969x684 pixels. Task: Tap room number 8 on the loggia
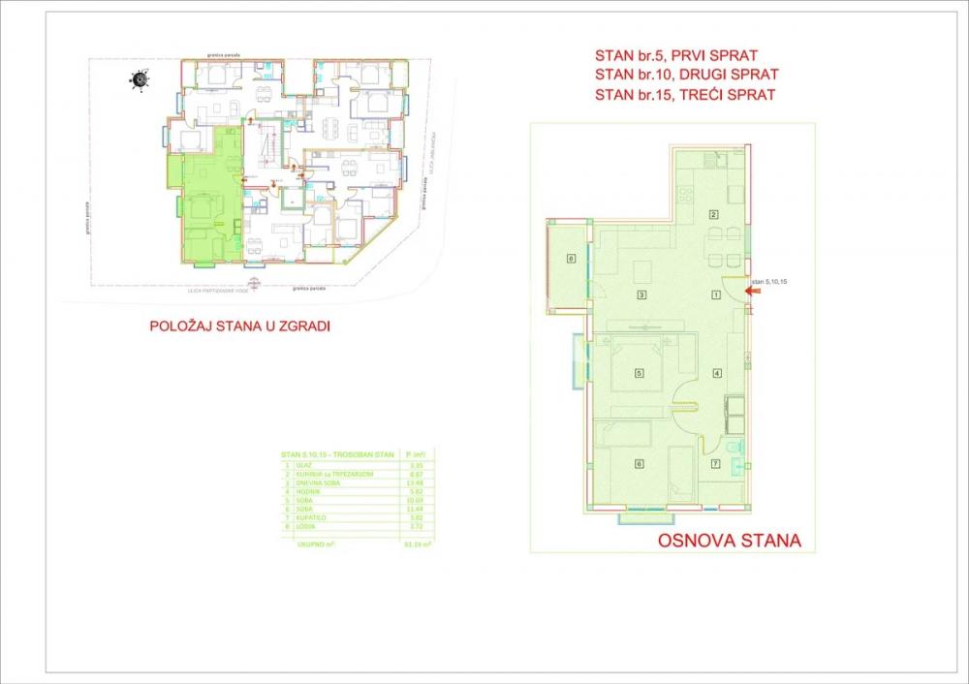click(x=572, y=258)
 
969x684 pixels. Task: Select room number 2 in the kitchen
click(x=714, y=214)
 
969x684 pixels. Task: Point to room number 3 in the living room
click(x=641, y=295)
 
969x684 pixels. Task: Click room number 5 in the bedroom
click(x=640, y=373)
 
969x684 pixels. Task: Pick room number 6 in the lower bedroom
click(x=639, y=464)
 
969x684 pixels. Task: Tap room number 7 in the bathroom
click(x=716, y=464)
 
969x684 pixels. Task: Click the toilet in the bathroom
click(x=734, y=448)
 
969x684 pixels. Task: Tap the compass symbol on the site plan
click(x=141, y=80)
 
